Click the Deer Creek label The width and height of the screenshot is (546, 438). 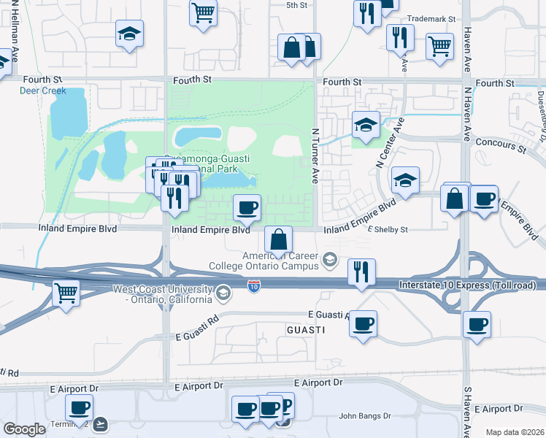click(x=42, y=91)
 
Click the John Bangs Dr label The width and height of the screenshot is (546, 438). click(x=364, y=417)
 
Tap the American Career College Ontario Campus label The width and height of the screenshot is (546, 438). click(x=282, y=261)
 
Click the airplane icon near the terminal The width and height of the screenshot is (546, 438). click(x=100, y=423)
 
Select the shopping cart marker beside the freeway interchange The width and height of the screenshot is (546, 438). click(x=66, y=293)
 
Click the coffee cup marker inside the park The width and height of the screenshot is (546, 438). click(x=247, y=207)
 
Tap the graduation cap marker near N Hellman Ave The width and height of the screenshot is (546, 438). click(x=129, y=33)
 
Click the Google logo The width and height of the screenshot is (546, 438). click(x=24, y=430)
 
